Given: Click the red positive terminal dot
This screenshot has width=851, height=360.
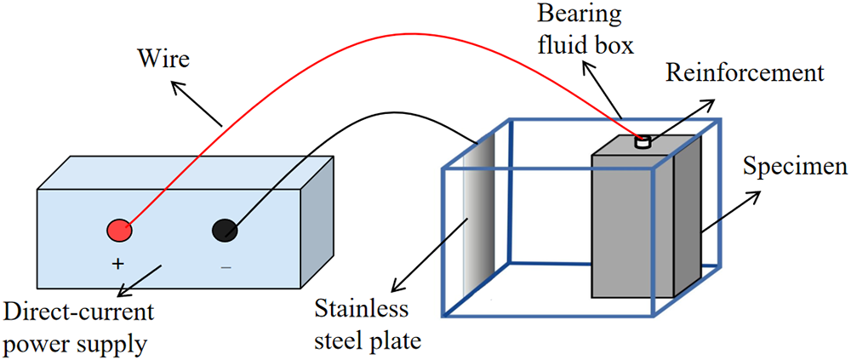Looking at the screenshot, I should tap(119, 229).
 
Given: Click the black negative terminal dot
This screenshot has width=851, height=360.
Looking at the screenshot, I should tap(224, 229).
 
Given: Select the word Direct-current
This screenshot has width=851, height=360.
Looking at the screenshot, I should tap(79, 312).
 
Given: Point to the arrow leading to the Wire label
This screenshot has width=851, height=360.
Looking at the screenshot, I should tap(195, 103).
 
